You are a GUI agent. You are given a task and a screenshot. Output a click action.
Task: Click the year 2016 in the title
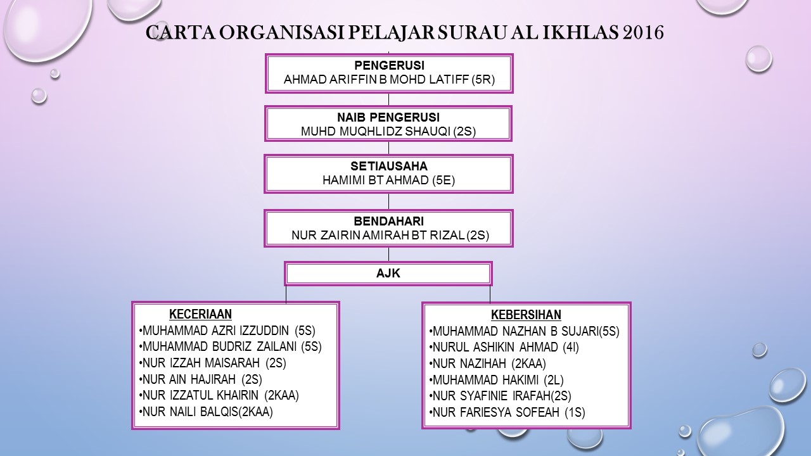[643, 33]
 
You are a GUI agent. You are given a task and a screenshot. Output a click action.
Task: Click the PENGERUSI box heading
[388, 66]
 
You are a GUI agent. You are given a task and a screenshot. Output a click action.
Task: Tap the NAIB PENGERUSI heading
[388, 117]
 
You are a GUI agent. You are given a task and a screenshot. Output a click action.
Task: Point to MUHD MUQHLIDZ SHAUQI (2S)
[388, 132]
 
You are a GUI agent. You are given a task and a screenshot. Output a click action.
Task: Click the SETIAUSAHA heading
[388, 166]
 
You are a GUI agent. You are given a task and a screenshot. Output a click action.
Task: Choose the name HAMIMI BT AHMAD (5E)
[388, 180]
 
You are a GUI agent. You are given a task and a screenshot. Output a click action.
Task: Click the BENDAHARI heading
[388, 221]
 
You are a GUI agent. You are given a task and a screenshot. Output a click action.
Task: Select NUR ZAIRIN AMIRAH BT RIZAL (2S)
[390, 236]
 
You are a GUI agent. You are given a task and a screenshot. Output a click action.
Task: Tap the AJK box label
[388, 274]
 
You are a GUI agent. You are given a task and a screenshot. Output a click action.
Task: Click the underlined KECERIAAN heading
[200, 314]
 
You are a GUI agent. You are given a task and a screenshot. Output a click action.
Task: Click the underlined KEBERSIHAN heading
[526, 315]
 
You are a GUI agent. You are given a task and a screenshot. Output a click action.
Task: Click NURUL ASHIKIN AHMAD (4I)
[505, 347]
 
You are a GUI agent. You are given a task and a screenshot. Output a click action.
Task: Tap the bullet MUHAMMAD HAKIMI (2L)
[497, 380]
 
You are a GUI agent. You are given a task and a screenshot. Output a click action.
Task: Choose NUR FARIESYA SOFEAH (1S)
[508, 413]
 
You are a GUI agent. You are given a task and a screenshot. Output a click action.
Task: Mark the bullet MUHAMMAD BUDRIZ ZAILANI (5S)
[231, 346]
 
